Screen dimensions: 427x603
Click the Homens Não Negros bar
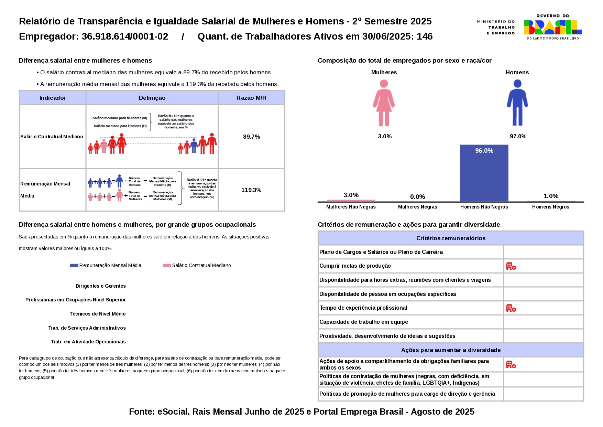(x=484, y=173)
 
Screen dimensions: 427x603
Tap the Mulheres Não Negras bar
(x=351, y=200)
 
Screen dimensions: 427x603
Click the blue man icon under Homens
(x=517, y=103)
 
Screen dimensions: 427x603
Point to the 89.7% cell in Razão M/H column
(x=251, y=137)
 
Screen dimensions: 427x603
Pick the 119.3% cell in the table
(x=251, y=190)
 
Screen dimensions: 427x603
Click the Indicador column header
(x=52, y=98)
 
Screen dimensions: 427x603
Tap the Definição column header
(x=152, y=98)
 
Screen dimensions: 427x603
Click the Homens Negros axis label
(x=550, y=207)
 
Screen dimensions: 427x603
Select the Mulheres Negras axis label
(x=417, y=207)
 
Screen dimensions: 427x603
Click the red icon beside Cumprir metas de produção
(x=511, y=266)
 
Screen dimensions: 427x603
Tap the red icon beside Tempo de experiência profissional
(x=511, y=308)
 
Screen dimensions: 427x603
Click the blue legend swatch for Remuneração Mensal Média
(x=74, y=265)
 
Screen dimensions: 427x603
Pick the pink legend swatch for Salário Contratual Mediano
(x=167, y=265)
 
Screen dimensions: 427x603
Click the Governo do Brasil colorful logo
(x=552, y=27)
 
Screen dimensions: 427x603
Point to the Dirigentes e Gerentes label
(x=100, y=286)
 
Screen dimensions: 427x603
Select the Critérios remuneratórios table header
(x=451, y=238)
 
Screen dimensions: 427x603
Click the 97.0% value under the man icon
(x=518, y=136)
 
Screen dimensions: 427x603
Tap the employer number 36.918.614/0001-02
(x=125, y=36)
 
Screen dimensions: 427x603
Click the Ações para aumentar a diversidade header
(x=451, y=350)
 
